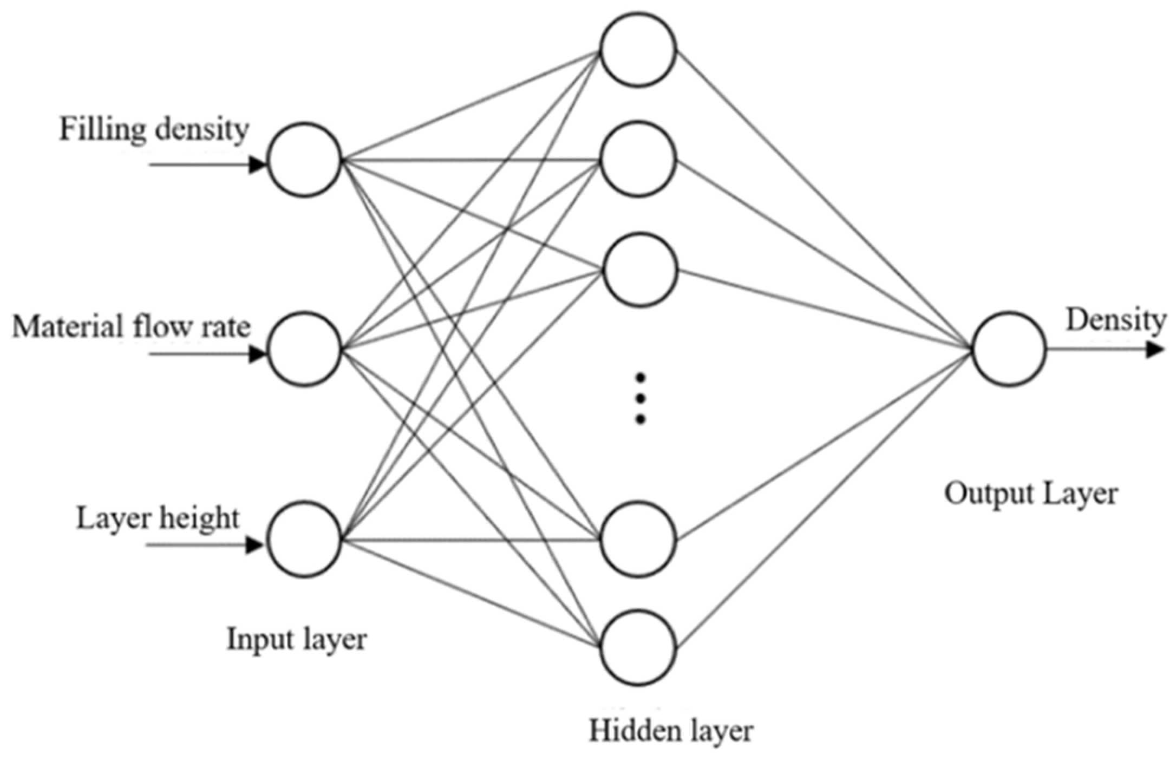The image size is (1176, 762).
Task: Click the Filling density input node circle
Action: (305, 160)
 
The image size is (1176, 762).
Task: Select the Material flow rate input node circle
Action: (305, 349)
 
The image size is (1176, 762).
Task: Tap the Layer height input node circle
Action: (305, 539)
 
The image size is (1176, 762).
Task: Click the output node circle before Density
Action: (1009, 349)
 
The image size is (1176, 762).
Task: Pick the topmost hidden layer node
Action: (638, 50)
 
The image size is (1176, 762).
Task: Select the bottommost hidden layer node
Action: (638, 647)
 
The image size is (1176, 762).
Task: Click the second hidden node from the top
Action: (638, 159)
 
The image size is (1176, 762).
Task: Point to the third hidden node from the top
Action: (640, 270)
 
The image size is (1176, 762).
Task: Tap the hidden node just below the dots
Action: (638, 539)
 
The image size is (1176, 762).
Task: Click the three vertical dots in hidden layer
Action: (640, 398)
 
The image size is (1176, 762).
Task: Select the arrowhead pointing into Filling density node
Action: (257, 164)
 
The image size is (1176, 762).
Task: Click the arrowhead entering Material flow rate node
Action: (257, 354)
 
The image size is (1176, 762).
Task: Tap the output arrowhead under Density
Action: (1154, 350)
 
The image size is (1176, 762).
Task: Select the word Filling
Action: (103, 130)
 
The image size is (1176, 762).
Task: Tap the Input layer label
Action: (297, 639)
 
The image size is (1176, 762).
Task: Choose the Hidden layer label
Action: (671, 731)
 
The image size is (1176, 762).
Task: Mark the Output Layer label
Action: (1031, 494)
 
